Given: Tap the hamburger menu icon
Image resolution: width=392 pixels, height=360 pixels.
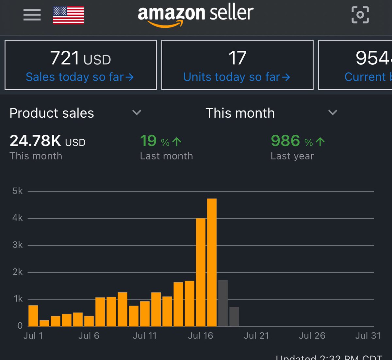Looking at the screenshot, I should [x=32, y=15].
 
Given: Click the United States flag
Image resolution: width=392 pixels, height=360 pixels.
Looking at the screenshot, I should [x=68, y=15].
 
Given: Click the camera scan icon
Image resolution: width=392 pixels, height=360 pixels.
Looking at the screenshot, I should [x=360, y=15].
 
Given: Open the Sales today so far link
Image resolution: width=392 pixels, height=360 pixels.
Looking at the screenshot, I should [x=80, y=77].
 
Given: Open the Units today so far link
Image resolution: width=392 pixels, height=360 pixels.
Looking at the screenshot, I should [x=237, y=77].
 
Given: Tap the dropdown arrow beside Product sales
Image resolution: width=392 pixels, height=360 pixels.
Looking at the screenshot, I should [x=137, y=113].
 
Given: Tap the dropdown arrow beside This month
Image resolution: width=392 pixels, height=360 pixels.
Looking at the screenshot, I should [x=333, y=113].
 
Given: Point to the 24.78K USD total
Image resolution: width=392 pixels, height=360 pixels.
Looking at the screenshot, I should [x=47, y=141].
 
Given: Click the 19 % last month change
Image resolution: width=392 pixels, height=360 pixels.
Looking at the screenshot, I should [x=160, y=141].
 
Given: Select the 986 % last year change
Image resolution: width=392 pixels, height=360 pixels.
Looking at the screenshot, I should [x=298, y=141].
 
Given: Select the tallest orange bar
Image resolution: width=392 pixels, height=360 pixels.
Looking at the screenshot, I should [x=212, y=262].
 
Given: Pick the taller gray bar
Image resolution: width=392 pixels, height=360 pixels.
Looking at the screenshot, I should [x=223, y=303].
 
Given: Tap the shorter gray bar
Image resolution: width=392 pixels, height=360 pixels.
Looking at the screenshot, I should [x=234, y=316].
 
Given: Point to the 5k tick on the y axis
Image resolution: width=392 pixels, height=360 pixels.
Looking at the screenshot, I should [x=18, y=191].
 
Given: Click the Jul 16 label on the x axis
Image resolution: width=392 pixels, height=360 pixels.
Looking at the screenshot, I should [x=200, y=336].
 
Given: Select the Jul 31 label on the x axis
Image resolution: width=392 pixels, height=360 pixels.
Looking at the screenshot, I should [x=368, y=336].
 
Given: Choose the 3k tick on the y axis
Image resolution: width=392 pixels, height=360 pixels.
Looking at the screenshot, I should [x=18, y=245].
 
